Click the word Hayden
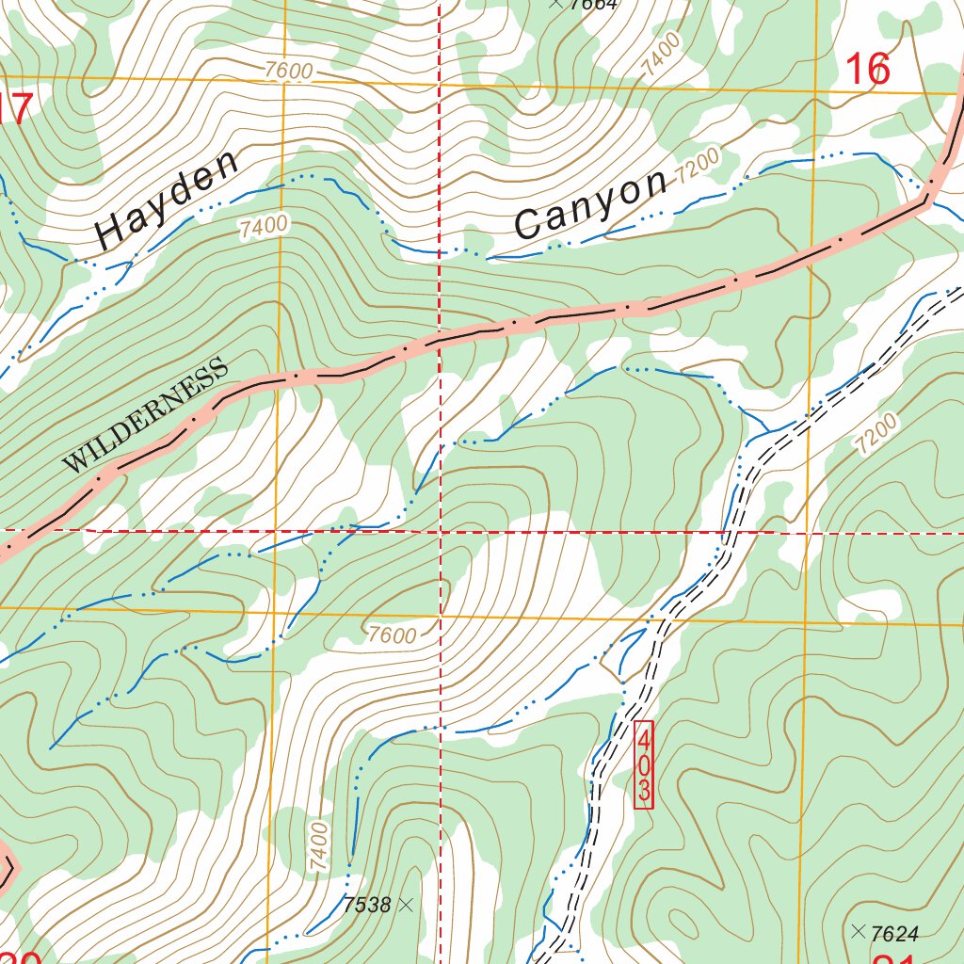(169, 201)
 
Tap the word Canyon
(591, 204)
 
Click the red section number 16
(867, 70)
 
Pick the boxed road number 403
(643, 764)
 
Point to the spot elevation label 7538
(367, 906)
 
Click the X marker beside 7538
(406, 905)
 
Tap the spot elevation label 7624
(894, 934)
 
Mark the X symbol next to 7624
(858, 932)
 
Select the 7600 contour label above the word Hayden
(288, 71)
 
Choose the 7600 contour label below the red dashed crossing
(393, 635)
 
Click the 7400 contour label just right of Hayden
(263, 226)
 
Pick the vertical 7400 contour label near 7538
(319, 845)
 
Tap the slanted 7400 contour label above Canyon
(660, 56)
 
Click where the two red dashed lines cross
(441, 532)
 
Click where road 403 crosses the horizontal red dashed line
(727, 533)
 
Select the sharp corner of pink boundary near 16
(928, 199)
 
